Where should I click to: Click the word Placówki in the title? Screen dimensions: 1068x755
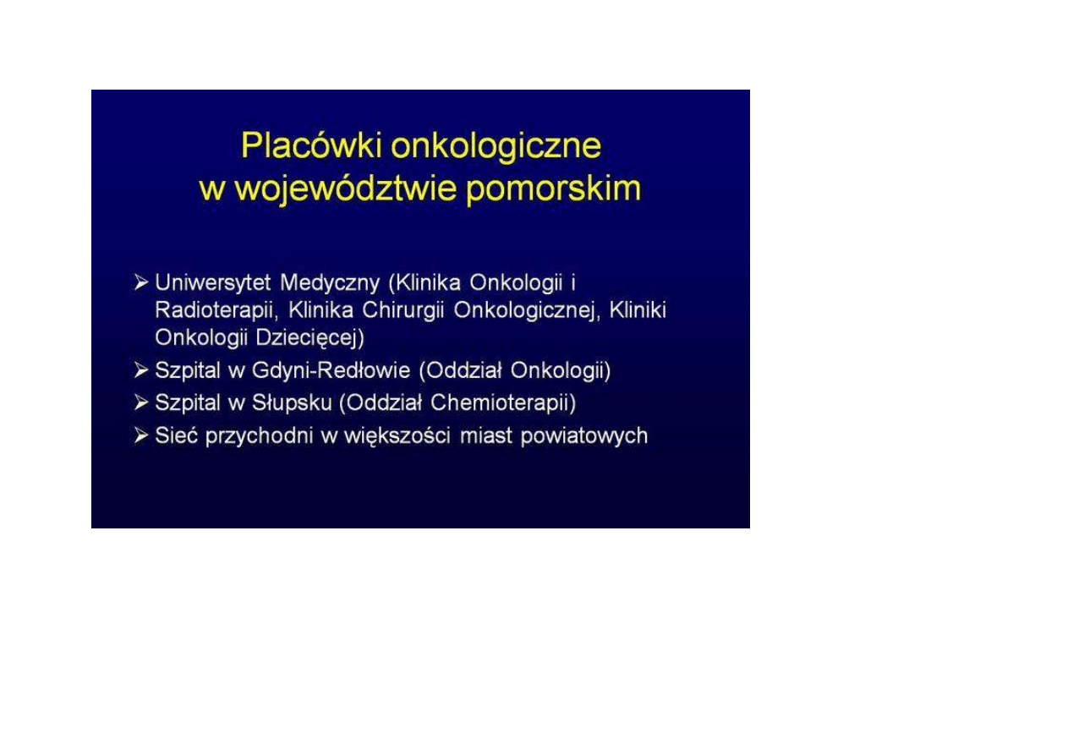[x=311, y=145]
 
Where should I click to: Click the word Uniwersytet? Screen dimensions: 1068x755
[x=213, y=283]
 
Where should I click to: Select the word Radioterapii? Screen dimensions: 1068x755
[x=216, y=311]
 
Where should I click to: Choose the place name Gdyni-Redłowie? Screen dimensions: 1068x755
[x=331, y=371]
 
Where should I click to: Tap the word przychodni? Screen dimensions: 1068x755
[x=259, y=436]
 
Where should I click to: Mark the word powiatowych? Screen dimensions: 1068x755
[x=584, y=436]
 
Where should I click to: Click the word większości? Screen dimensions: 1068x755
[x=397, y=436]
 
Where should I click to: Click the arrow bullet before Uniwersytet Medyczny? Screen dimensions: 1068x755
[x=141, y=282]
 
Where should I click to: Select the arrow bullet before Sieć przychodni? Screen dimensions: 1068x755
[x=141, y=435]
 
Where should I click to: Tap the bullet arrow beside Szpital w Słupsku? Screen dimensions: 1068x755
[x=141, y=402]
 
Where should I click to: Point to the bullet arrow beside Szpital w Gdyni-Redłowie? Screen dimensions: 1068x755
[x=141, y=369]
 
